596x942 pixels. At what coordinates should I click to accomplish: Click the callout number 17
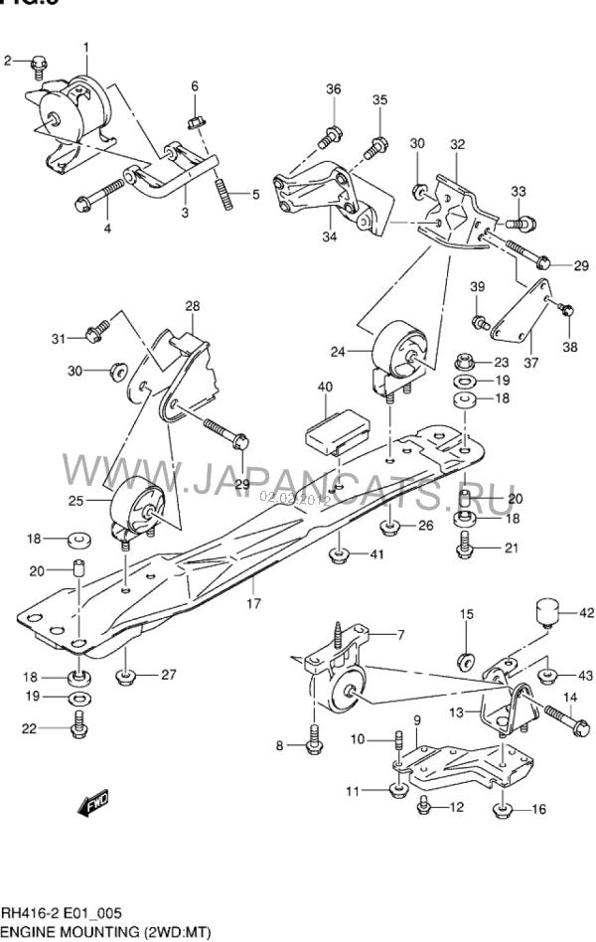[253, 602]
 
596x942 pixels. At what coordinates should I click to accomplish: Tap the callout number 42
[585, 613]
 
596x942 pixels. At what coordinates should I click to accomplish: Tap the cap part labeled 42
[545, 612]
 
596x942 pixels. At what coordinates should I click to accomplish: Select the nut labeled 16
[506, 808]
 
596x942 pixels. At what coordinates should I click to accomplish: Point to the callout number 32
[456, 145]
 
